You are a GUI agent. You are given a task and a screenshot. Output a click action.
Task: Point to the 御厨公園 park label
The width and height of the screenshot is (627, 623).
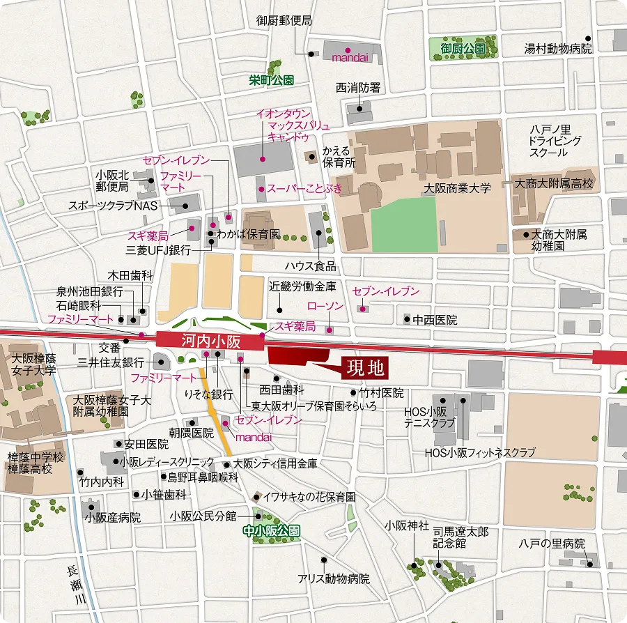click(463, 49)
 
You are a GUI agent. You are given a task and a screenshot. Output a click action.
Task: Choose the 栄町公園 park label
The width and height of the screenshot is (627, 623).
click(272, 80)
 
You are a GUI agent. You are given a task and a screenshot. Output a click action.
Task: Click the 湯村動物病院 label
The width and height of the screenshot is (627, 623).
click(558, 49)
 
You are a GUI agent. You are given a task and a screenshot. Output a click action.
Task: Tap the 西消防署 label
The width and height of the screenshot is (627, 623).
click(358, 88)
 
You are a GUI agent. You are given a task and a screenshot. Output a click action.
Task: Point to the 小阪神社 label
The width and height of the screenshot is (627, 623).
click(408, 525)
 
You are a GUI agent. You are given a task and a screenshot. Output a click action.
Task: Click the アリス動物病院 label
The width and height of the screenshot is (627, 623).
click(334, 578)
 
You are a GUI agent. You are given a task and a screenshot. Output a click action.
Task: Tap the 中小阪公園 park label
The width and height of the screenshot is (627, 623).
click(272, 530)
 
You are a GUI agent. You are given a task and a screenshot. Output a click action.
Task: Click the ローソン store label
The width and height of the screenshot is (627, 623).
click(326, 307)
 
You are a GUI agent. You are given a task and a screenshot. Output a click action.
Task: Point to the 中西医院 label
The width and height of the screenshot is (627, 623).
click(435, 320)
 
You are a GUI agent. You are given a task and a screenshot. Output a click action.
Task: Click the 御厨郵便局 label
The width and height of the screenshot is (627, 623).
click(284, 21)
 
